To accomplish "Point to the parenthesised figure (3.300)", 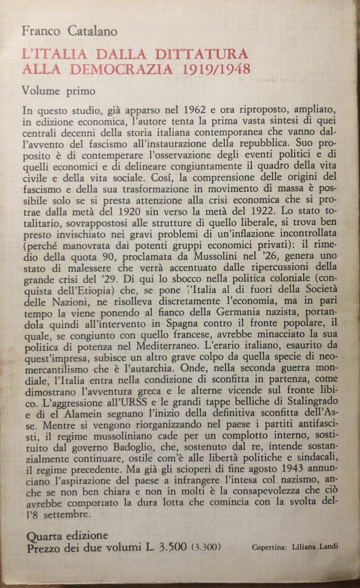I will (208, 548).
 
